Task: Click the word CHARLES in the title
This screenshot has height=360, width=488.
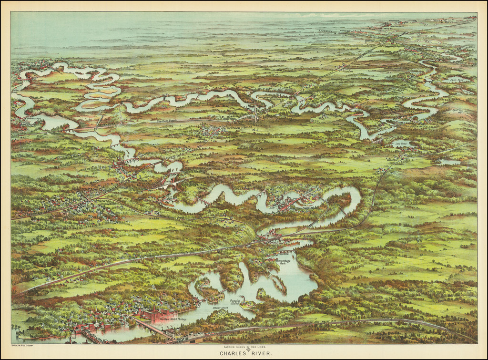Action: click(230, 354)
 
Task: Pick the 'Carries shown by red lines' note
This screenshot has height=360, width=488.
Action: click(244, 347)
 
